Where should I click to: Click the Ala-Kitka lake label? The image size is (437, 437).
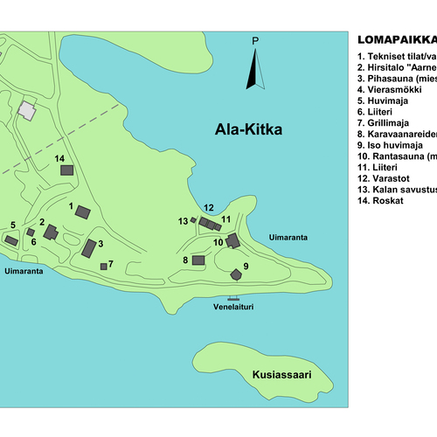point(251,131)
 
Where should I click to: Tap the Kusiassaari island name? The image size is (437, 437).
point(281,374)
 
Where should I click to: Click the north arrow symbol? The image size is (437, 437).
point(254,70)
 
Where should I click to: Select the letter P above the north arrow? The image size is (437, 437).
point(255,41)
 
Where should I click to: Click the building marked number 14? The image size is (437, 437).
point(66,171)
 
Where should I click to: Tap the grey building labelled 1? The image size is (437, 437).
point(83,212)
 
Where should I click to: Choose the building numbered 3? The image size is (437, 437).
point(89,248)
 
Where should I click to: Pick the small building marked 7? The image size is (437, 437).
point(103,266)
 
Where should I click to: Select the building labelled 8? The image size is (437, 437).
point(198,260)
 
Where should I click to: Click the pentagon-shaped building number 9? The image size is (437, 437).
point(236,274)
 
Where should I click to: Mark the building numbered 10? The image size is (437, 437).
point(232,240)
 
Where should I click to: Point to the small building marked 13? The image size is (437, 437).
point(193,221)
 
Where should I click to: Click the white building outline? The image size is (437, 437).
point(28,111)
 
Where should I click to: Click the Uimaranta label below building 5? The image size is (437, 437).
point(24,272)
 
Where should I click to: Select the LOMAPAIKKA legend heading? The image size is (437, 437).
point(397,40)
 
